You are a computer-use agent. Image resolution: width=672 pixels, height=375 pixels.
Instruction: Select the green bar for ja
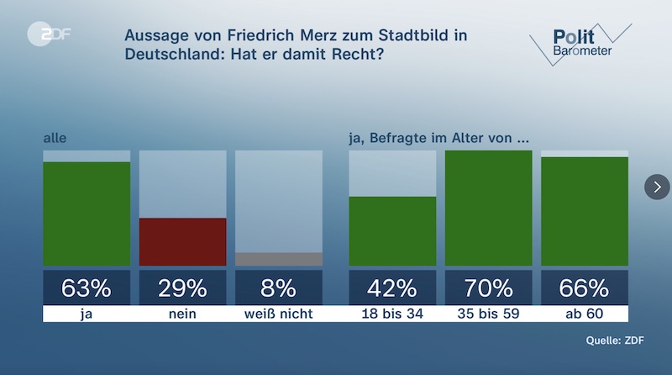[87, 214]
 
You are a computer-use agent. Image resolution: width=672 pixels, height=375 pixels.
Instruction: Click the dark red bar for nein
[182, 241]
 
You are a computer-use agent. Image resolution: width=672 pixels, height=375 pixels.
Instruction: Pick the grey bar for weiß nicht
[278, 259]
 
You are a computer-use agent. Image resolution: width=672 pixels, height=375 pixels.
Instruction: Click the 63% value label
[87, 288]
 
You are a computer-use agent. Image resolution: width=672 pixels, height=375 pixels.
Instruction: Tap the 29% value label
[182, 288]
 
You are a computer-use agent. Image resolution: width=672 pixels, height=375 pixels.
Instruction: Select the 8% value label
[278, 288]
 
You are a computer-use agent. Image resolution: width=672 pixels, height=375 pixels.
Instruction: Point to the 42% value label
[392, 288]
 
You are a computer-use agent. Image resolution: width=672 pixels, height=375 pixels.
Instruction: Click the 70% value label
[488, 288]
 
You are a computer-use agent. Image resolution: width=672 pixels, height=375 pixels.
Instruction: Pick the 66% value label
[584, 288]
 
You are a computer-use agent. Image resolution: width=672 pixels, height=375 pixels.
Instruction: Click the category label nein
[182, 314]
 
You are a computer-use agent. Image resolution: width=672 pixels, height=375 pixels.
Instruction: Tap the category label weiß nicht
[278, 314]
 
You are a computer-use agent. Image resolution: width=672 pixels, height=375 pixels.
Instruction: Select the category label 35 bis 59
[488, 314]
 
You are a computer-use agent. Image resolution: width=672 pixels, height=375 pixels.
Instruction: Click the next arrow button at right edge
[657, 187]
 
